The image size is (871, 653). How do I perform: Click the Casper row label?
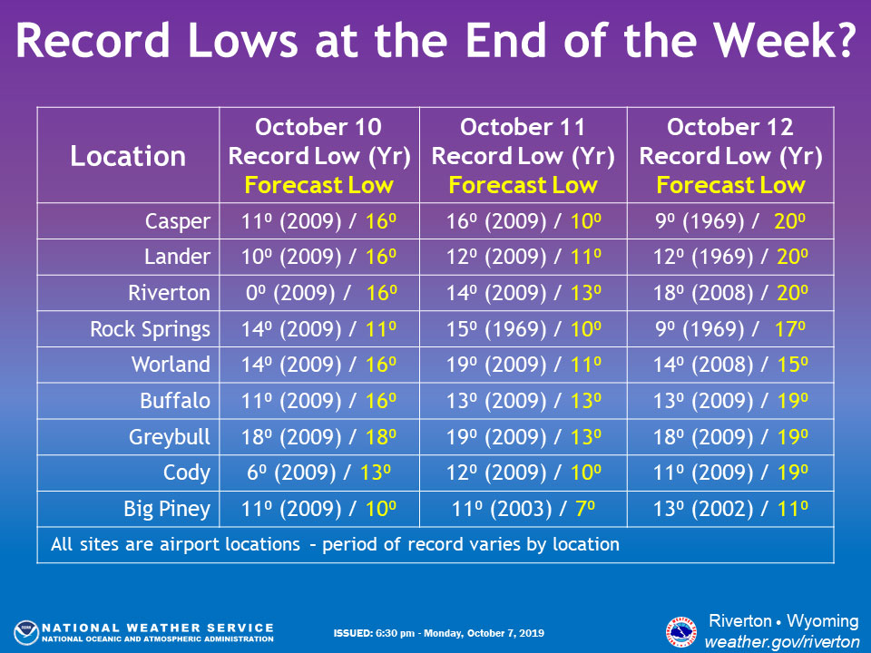pyautogui.click(x=177, y=221)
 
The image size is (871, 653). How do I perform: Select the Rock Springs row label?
pyautogui.click(x=150, y=329)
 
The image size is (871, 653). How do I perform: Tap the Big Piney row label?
pyautogui.click(x=167, y=509)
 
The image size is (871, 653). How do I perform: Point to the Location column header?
pyautogui.click(x=128, y=156)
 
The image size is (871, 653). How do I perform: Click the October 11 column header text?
pyautogui.click(x=523, y=127)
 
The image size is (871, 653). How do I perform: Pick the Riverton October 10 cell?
pyautogui.click(x=321, y=293)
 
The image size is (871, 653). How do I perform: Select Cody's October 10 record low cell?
pyautogui.click(x=318, y=473)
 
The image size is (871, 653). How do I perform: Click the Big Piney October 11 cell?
pyautogui.click(x=524, y=509)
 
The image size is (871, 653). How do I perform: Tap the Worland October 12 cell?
pyautogui.click(x=730, y=365)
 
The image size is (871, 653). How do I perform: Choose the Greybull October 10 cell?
pyautogui.click(x=318, y=437)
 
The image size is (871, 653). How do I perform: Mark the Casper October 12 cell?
pyautogui.click(x=730, y=221)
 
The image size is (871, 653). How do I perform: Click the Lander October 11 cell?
pyautogui.click(x=524, y=257)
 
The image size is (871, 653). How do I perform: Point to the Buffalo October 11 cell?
pyautogui.click(x=524, y=401)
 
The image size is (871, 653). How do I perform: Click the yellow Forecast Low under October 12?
pyautogui.click(x=730, y=185)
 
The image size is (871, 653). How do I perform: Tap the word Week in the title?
pyautogui.click(x=784, y=40)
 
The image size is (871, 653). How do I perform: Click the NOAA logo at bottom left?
pyautogui.click(x=26, y=633)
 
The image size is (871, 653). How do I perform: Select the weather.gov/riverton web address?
pyautogui.click(x=782, y=641)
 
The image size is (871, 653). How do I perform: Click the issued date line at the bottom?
pyautogui.click(x=439, y=633)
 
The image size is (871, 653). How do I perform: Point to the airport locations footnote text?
pyautogui.click(x=335, y=544)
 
